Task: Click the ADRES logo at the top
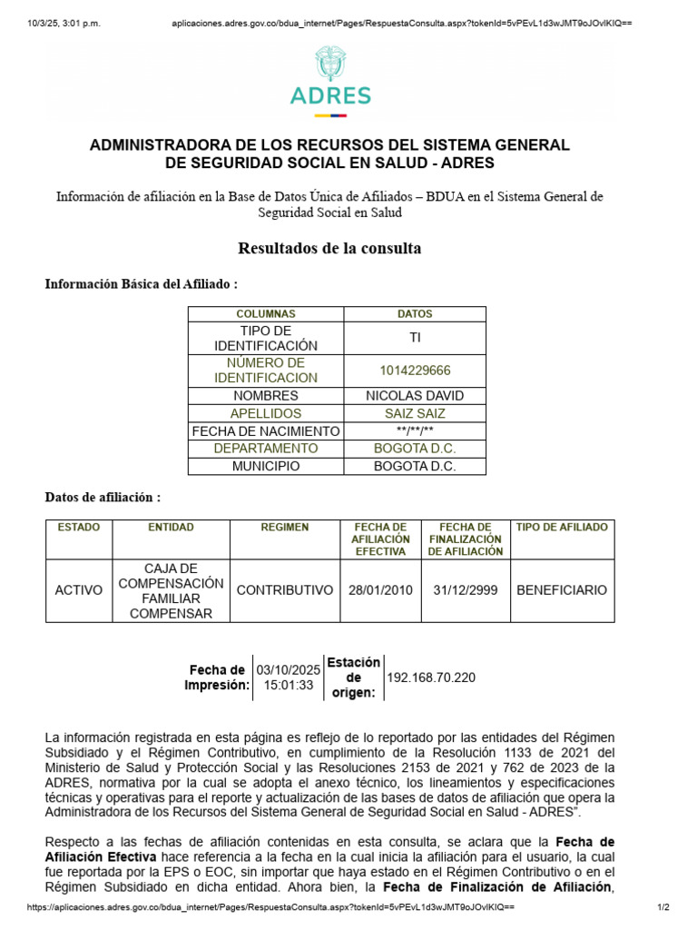tap(330, 82)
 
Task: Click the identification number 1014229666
tap(415, 371)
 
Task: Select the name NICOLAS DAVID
tap(415, 396)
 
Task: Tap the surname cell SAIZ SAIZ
tap(415, 413)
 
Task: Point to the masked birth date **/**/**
tap(415, 431)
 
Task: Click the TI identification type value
tap(415, 338)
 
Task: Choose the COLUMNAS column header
tap(265, 314)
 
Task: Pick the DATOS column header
tap(415, 314)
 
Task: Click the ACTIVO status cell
tap(79, 590)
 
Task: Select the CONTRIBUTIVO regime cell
tap(285, 590)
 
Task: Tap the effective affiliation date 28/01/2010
tap(380, 590)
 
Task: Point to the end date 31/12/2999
tap(466, 590)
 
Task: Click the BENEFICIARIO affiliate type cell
tap(562, 590)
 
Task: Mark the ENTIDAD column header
tap(171, 528)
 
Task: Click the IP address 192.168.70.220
tap(431, 678)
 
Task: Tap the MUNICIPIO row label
tap(265, 467)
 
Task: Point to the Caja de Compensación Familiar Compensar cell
tap(171, 590)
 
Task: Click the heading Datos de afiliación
tap(103, 498)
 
